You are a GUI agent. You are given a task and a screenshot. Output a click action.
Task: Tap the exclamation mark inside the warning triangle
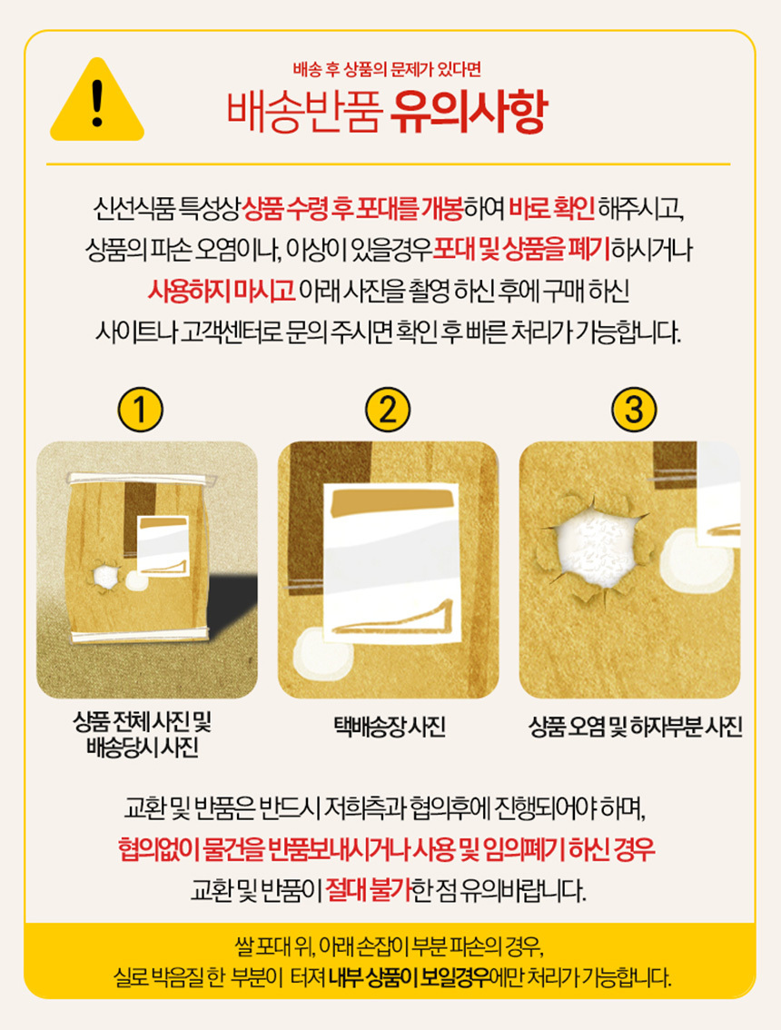coord(97,103)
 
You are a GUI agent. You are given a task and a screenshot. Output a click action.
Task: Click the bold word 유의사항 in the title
coord(468,113)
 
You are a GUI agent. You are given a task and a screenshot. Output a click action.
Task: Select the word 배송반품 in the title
coord(305,113)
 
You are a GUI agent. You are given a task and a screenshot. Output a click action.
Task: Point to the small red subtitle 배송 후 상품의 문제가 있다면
coord(388,69)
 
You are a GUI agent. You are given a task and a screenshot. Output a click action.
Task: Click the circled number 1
coord(140,410)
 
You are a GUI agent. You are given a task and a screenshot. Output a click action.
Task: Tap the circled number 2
coord(388,410)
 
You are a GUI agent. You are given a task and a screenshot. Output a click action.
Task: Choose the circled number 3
coord(634,410)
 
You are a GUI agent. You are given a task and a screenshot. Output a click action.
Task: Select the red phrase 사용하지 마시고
coord(222,291)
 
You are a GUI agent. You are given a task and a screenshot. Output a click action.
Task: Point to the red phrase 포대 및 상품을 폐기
coord(521,250)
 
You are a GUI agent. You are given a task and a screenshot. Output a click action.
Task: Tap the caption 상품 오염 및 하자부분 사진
coord(635,726)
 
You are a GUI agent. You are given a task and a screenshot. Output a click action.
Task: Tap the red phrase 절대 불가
coord(369,890)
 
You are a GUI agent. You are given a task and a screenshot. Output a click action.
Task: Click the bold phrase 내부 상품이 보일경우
coord(409,976)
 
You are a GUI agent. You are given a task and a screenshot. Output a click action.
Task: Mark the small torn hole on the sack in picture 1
coord(105,577)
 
